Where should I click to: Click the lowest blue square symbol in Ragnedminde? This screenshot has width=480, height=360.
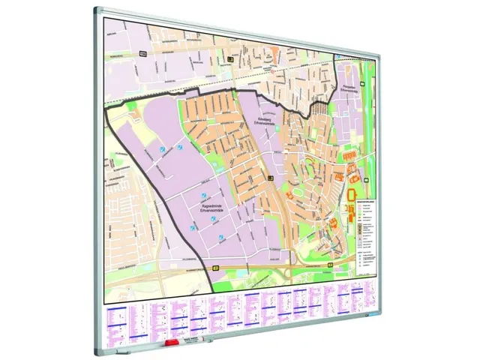[220, 239]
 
